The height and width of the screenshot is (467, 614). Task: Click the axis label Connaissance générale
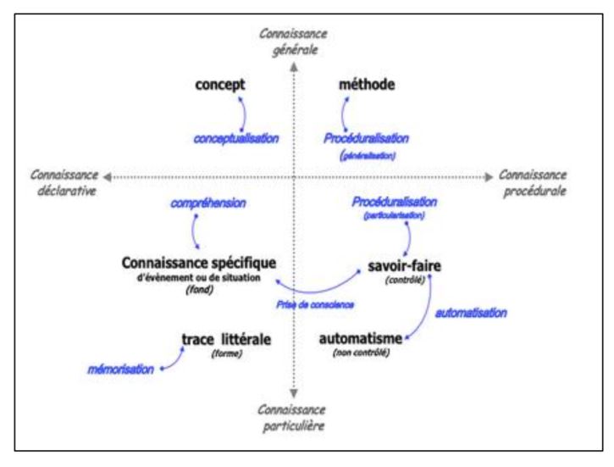293,41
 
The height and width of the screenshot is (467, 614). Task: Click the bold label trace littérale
226,339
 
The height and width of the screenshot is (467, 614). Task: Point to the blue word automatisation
472,313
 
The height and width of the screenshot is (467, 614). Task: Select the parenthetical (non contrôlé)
361,353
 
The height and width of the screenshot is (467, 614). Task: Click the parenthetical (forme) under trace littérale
226,354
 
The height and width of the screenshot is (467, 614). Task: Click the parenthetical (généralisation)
366,156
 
